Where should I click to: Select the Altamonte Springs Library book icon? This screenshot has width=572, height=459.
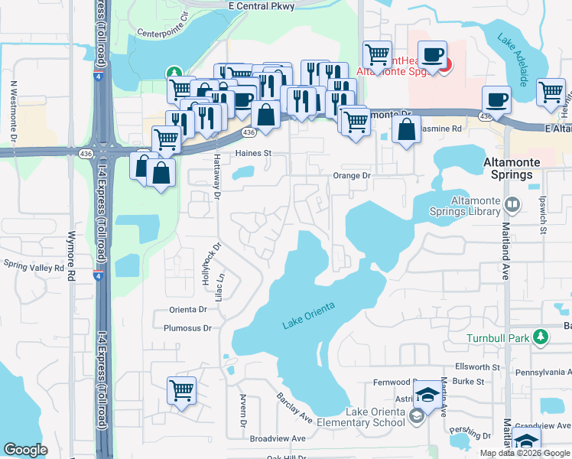coord(512,204)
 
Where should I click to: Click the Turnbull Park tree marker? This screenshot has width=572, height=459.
coord(541,337)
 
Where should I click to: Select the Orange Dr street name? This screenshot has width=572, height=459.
coord(351,175)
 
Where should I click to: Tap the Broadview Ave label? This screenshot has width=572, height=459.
coord(278,439)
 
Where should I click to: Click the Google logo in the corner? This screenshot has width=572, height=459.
coord(26,450)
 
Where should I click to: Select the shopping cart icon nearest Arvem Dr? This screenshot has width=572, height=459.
coord(181,391)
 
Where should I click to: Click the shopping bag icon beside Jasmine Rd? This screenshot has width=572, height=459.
coord(407,130)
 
